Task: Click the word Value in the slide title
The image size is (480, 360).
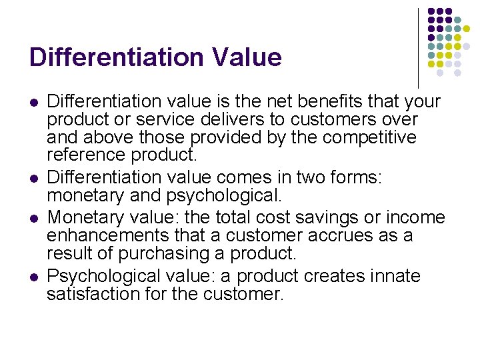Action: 248,57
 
